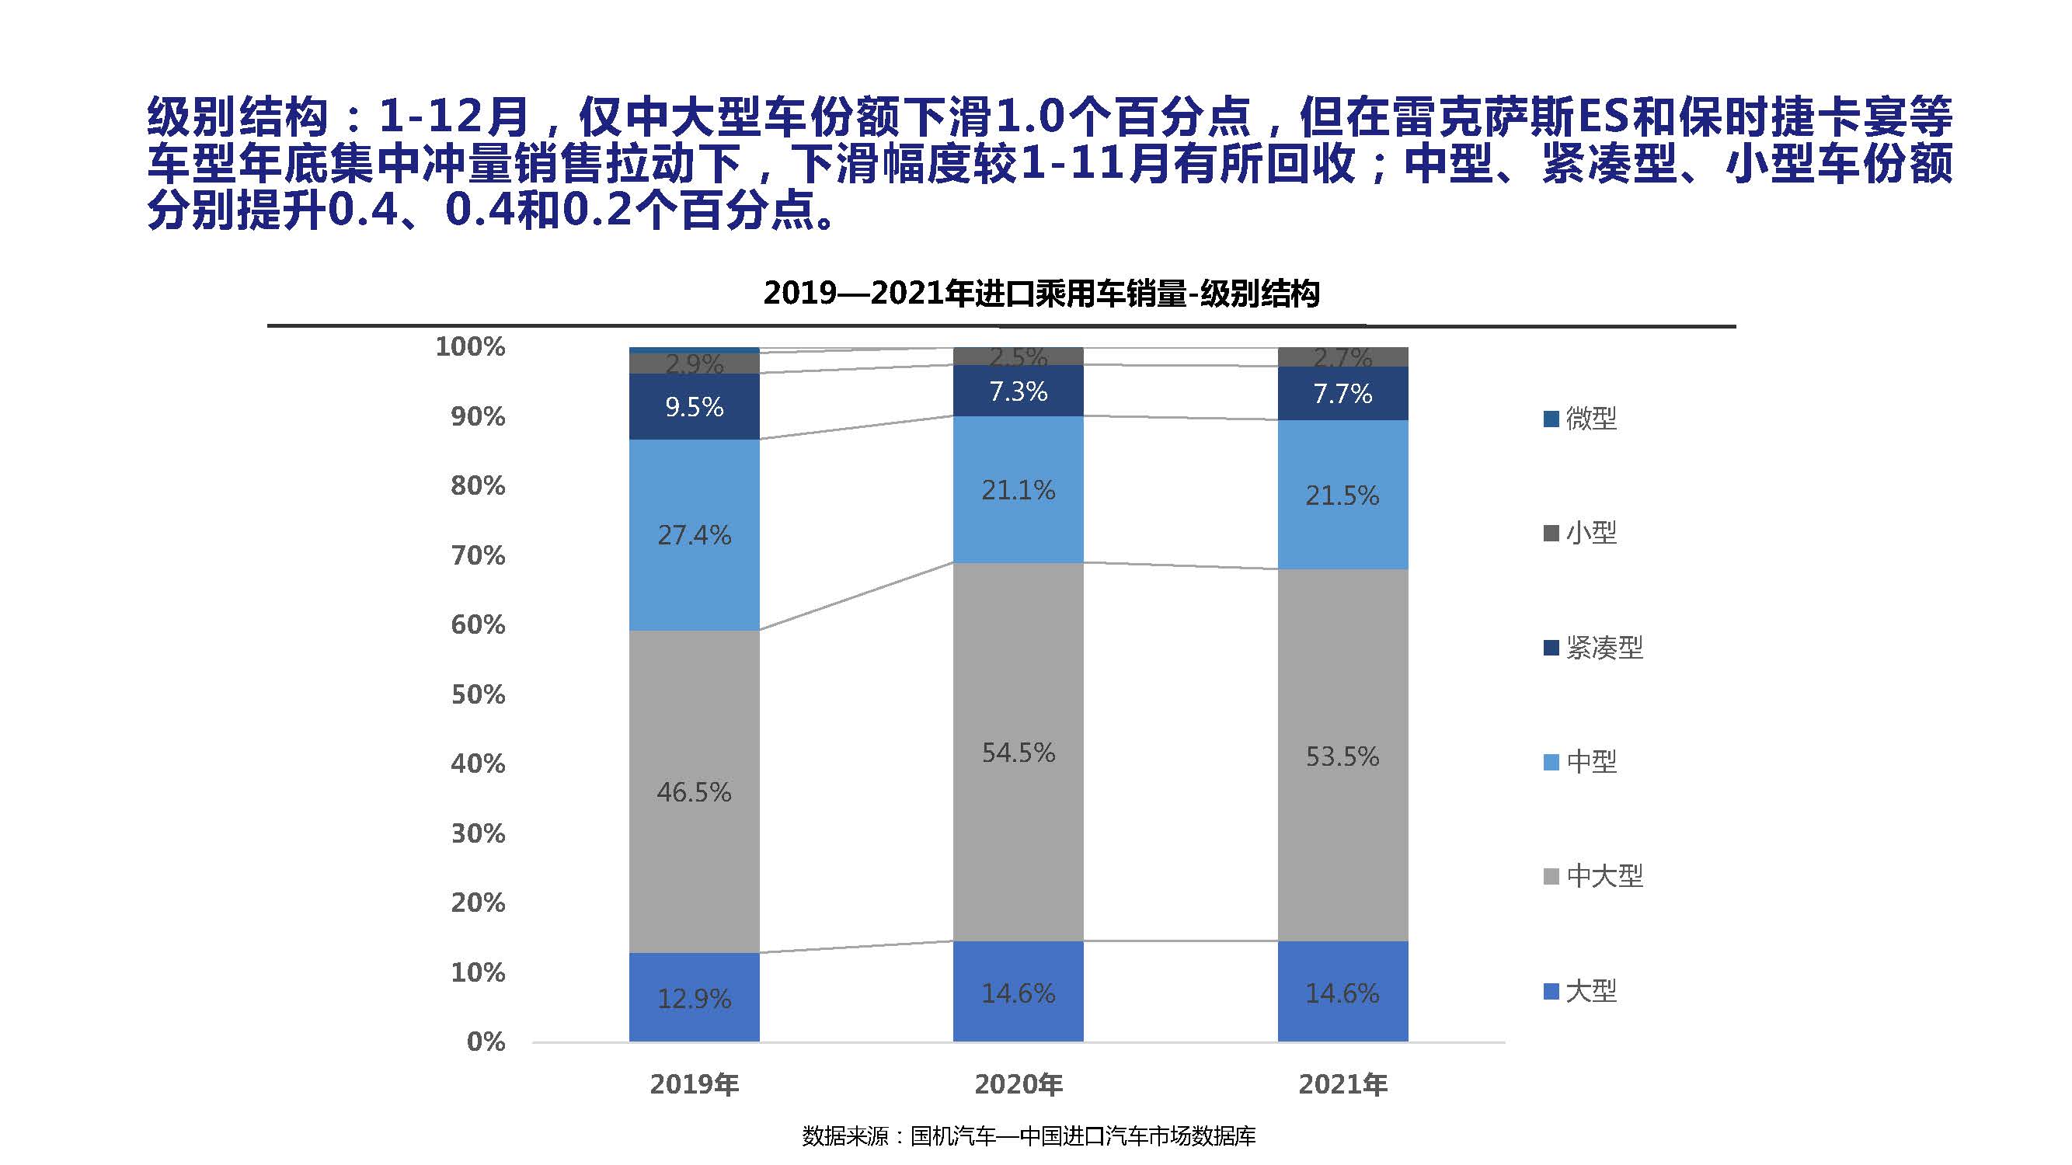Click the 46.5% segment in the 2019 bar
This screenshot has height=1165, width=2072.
coord(693,792)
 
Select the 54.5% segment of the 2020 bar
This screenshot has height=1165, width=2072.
coord(1018,752)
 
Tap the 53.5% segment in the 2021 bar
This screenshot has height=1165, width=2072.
coord(1342,756)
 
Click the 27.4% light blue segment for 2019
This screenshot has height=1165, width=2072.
coord(693,534)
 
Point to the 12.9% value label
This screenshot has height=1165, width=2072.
coord(693,999)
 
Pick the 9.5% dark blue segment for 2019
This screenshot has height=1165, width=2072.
coord(693,407)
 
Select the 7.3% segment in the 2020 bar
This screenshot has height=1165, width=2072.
coord(1018,391)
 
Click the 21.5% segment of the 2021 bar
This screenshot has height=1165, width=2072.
coord(1342,496)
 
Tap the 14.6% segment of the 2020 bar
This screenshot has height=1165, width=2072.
coord(1018,993)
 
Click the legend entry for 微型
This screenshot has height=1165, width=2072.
coord(1581,418)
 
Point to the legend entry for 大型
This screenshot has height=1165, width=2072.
coord(1581,990)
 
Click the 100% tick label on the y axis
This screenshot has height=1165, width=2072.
coord(470,346)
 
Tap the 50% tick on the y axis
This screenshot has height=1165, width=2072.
coord(478,694)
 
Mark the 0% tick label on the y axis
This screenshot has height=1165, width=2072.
coord(485,1042)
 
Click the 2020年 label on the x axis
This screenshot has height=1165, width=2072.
coord(1018,1084)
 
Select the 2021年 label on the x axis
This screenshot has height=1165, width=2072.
coord(1342,1084)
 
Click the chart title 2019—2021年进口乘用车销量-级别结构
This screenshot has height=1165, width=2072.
coord(1041,294)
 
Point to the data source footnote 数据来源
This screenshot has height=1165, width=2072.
coord(1028,1135)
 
